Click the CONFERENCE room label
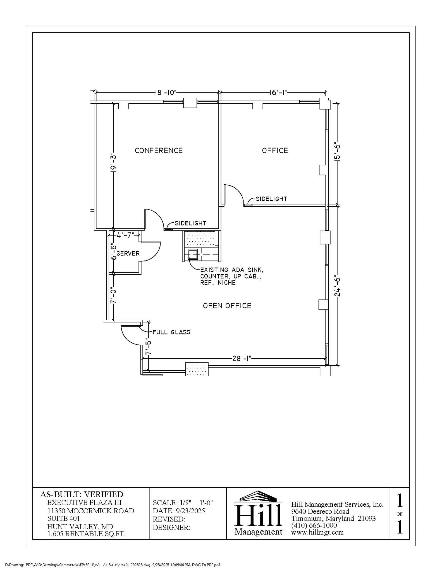click(x=159, y=151)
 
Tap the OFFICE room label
click(x=275, y=151)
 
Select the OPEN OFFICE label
click(x=227, y=306)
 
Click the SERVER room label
click(x=128, y=254)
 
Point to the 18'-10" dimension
click(x=166, y=93)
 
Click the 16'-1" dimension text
click(x=278, y=93)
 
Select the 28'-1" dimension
click(x=242, y=358)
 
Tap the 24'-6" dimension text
click(x=338, y=287)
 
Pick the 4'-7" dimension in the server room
click(x=125, y=235)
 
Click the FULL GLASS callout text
click(x=171, y=332)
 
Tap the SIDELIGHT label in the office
click(x=271, y=199)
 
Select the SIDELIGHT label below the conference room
click(x=190, y=223)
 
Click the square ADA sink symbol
click(x=193, y=254)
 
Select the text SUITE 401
click(x=63, y=519)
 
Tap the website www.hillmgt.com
click(x=317, y=532)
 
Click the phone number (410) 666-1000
click(x=314, y=525)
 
